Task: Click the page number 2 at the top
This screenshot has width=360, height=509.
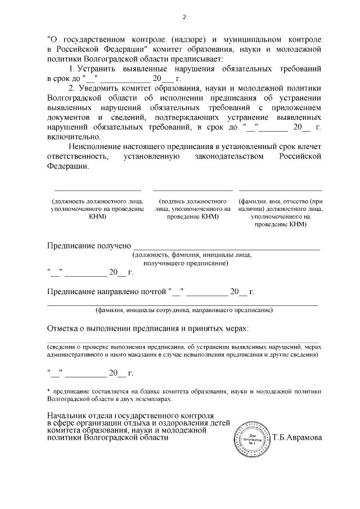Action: (x=184, y=17)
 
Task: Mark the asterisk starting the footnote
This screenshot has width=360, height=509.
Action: (x=48, y=390)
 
